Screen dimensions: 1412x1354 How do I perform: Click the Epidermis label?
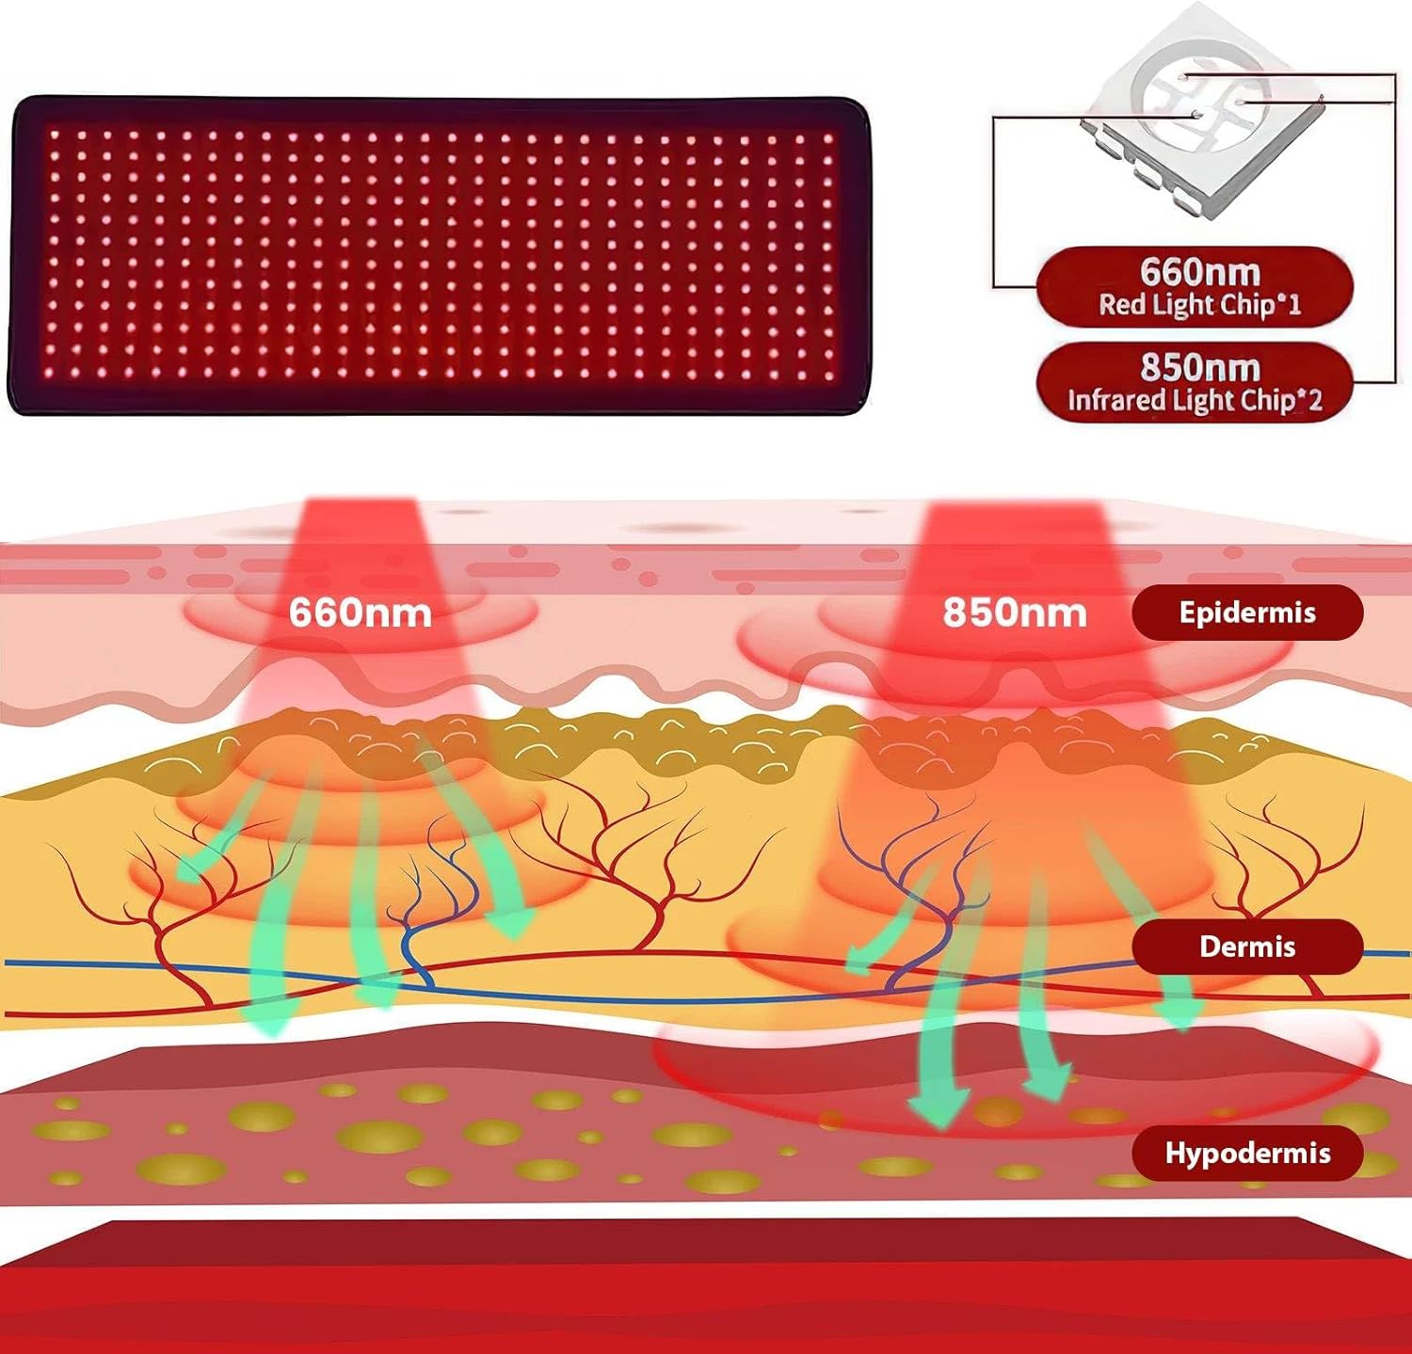click(x=1246, y=613)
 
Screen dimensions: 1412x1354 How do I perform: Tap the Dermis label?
click(x=1246, y=947)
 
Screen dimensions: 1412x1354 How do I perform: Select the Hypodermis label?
click(x=1246, y=1154)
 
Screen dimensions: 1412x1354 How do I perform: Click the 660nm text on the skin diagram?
click(x=360, y=613)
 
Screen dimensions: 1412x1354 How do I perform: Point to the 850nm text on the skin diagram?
click(x=1014, y=613)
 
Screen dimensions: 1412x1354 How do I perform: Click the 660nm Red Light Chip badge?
click(x=1195, y=286)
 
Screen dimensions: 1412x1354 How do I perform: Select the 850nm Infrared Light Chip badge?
click(x=1195, y=382)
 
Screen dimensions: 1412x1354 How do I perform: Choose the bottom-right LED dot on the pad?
click(x=828, y=377)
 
